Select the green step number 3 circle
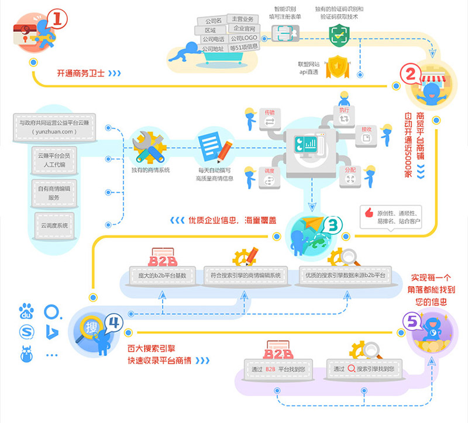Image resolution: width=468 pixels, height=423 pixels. click(332, 226)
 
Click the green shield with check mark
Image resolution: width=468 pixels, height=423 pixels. click(338, 36)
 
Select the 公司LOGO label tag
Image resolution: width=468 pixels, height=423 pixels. click(244, 38)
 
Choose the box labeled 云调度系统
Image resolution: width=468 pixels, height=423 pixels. click(55, 225)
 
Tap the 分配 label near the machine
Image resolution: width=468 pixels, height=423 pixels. click(350, 169)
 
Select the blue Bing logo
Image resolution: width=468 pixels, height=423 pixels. click(51, 332)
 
